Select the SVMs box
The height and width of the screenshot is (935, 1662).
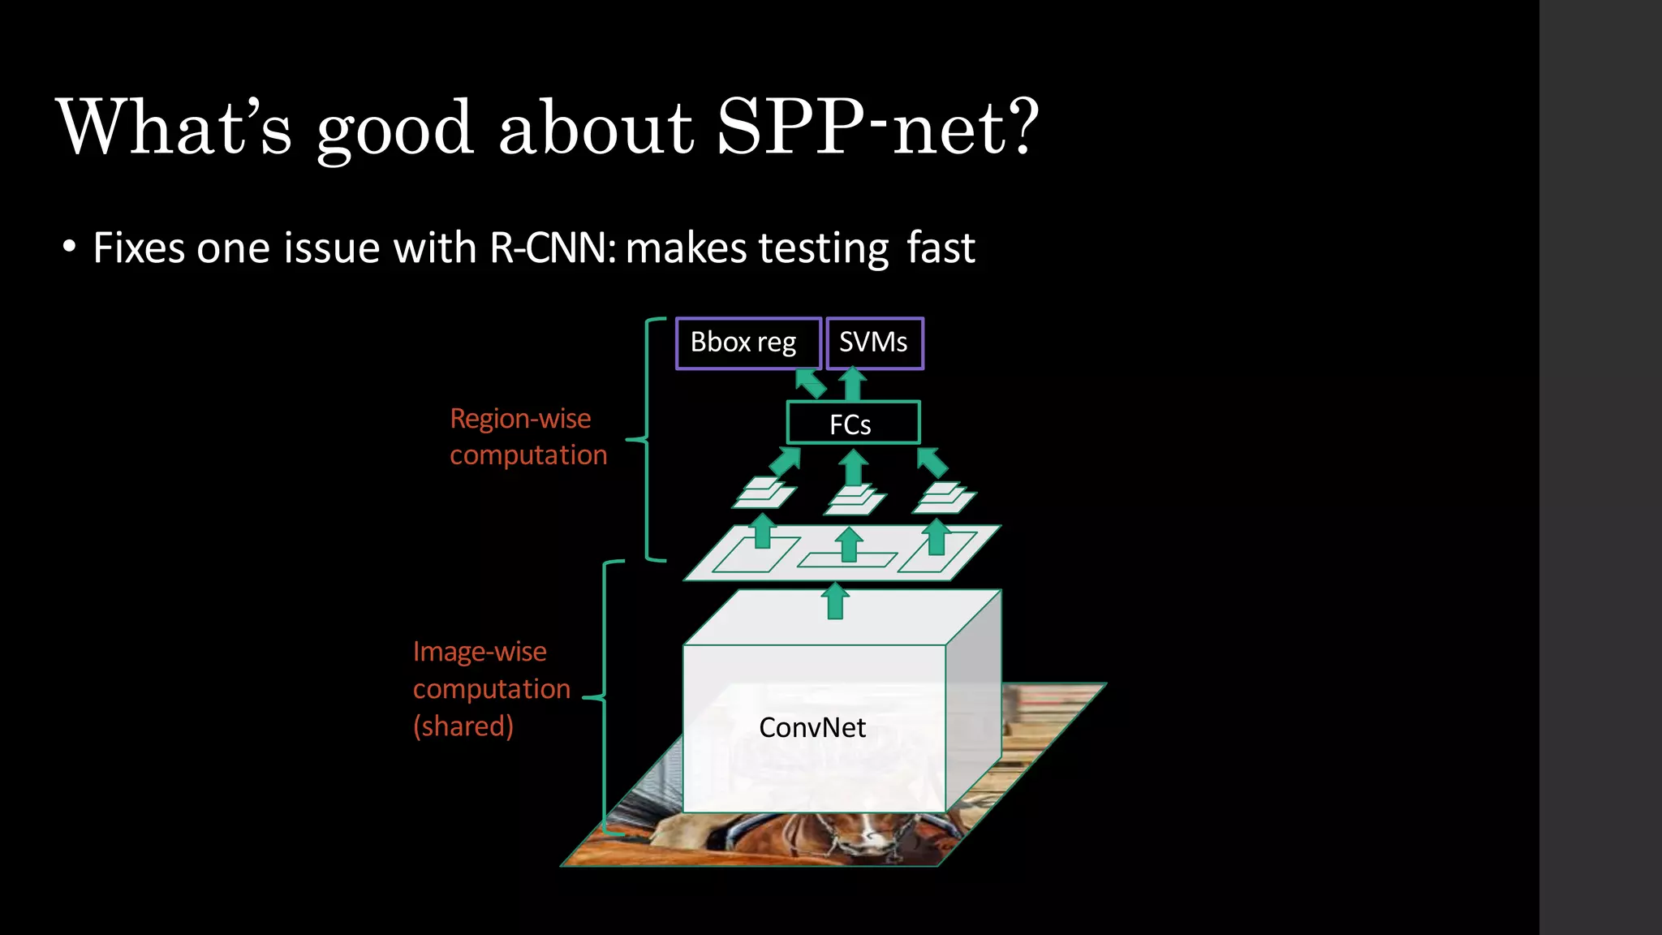(x=874, y=343)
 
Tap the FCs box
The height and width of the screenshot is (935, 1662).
(x=852, y=423)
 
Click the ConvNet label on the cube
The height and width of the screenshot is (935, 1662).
(x=812, y=727)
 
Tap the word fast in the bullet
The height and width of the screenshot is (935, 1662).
(x=941, y=248)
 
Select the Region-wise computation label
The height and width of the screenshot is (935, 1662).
(x=528, y=437)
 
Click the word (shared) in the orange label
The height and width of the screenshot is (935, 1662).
(x=463, y=726)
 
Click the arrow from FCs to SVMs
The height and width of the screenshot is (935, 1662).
(x=852, y=384)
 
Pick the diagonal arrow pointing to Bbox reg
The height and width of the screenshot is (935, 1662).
(x=810, y=383)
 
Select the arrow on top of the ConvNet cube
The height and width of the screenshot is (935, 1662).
(x=835, y=601)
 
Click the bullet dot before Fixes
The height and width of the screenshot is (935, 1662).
(x=70, y=247)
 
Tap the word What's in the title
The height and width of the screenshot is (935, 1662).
(x=174, y=127)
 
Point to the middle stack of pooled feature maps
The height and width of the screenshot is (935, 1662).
(x=855, y=498)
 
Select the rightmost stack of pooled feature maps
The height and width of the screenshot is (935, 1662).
(x=945, y=497)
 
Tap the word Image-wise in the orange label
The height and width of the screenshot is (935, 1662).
(x=480, y=652)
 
